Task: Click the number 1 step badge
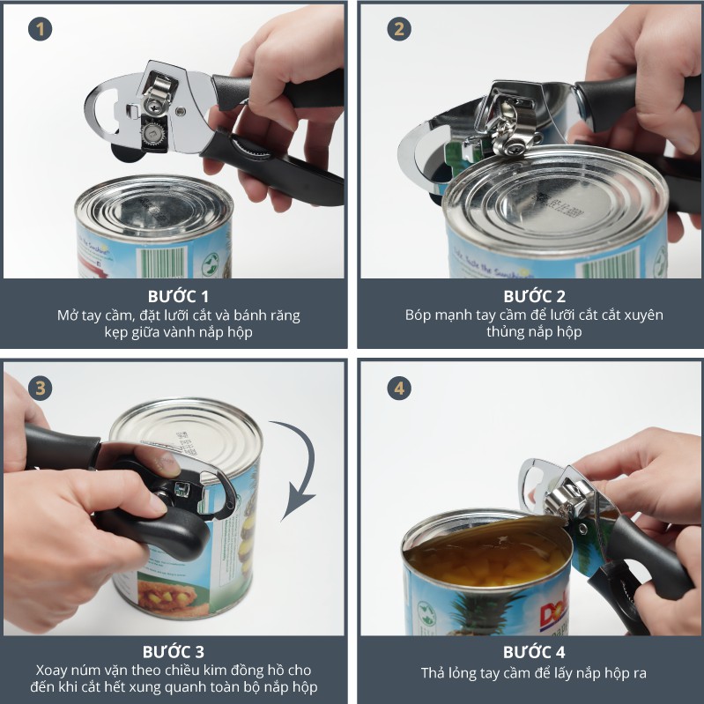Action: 40,29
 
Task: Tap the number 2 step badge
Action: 399,29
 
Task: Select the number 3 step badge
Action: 40,389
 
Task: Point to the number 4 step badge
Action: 399,389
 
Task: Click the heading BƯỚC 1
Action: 178,296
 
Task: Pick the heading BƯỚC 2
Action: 534,296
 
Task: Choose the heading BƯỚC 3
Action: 174,651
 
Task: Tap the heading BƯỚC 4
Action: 534,652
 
